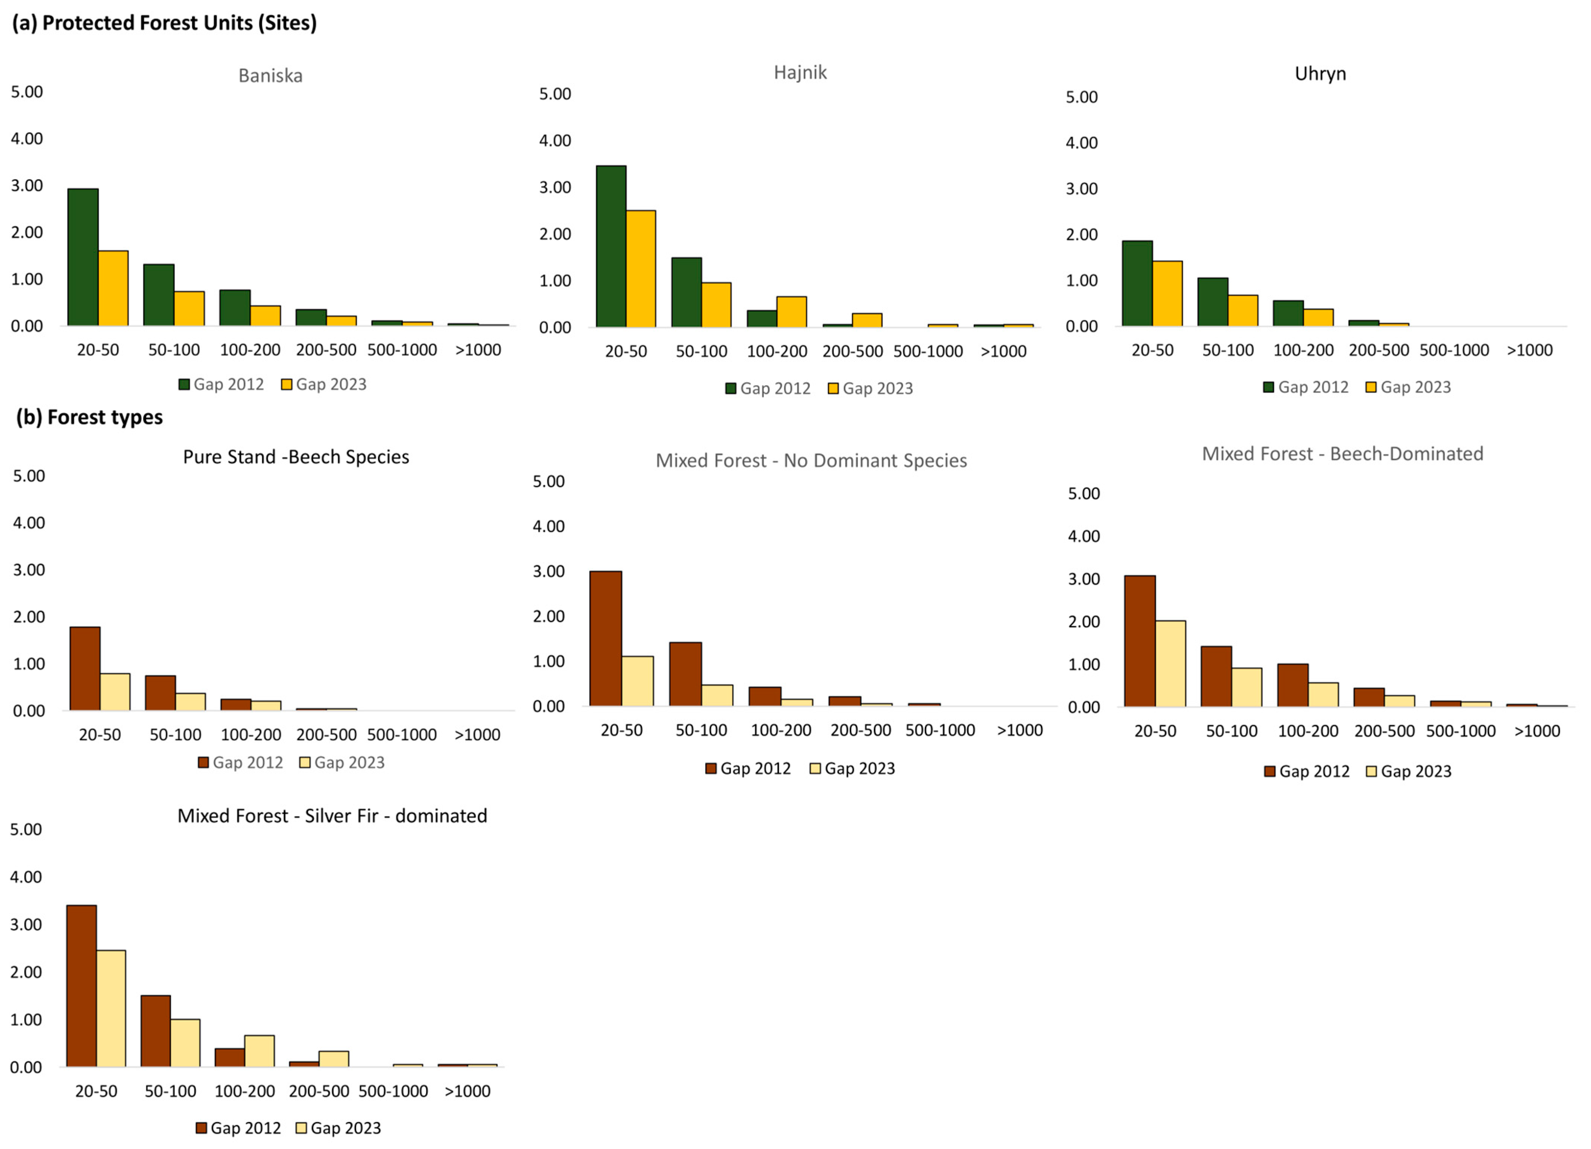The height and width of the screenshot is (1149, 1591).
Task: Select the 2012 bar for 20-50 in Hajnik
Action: (x=611, y=246)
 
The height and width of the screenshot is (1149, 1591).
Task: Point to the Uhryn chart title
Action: (x=1320, y=74)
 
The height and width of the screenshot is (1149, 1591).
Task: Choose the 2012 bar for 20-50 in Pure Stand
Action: (x=85, y=668)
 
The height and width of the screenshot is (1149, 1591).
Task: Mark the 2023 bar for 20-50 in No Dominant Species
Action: (x=638, y=681)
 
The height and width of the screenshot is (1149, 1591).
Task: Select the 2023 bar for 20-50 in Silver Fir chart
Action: (x=111, y=1009)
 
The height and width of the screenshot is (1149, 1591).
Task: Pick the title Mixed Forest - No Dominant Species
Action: (x=811, y=461)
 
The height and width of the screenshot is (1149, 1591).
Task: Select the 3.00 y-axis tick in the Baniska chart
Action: (x=27, y=185)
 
